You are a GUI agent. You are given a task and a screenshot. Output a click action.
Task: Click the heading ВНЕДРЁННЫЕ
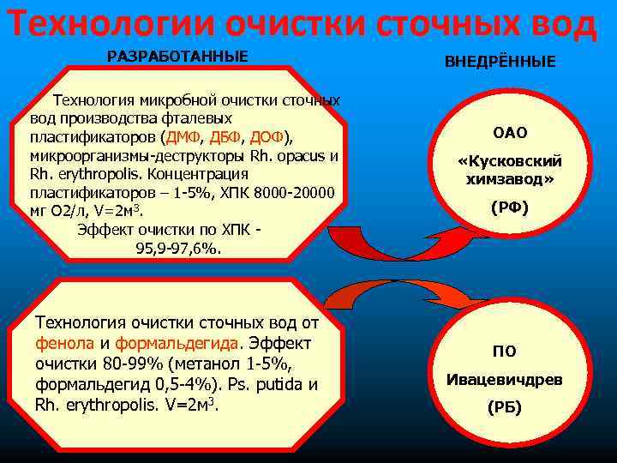pyautogui.click(x=500, y=62)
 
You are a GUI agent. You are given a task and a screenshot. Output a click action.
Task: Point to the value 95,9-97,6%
pyautogui.click(x=178, y=249)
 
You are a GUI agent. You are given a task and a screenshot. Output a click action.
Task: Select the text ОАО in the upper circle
pyautogui.click(x=510, y=133)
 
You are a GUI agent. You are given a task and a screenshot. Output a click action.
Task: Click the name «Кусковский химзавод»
pyautogui.click(x=510, y=170)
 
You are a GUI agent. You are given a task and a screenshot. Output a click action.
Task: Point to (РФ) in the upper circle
pyautogui.click(x=510, y=207)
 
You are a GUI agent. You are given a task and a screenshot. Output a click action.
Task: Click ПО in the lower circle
pyautogui.click(x=504, y=351)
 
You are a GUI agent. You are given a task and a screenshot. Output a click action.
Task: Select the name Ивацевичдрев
pyautogui.click(x=504, y=378)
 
